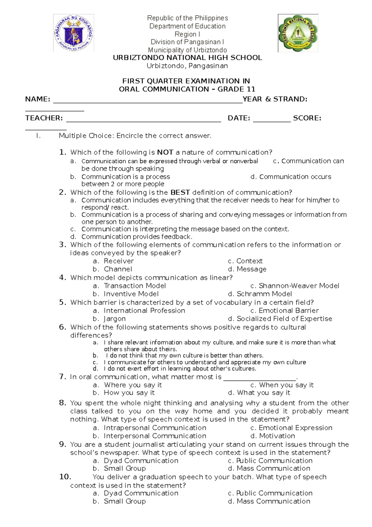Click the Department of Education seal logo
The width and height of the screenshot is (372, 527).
[x=73, y=33]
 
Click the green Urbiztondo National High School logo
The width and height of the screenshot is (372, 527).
[x=298, y=33]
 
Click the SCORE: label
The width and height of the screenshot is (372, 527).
[x=307, y=118]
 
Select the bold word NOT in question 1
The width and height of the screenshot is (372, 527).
[x=165, y=152]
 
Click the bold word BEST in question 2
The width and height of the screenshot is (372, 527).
[x=180, y=192]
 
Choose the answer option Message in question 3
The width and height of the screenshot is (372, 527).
[x=251, y=269]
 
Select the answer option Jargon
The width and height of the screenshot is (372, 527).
[x=114, y=319]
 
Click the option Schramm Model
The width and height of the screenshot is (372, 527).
[x=264, y=294]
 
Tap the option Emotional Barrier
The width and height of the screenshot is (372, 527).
[x=288, y=311]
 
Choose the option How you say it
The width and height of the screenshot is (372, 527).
[x=129, y=393]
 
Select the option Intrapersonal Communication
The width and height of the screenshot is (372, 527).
[x=155, y=428]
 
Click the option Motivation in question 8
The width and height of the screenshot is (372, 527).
[x=277, y=436]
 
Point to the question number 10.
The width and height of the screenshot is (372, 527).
[x=65, y=477]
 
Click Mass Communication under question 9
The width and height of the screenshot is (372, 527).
[x=273, y=468]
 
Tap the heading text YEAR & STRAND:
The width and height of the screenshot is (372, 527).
[x=275, y=99]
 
